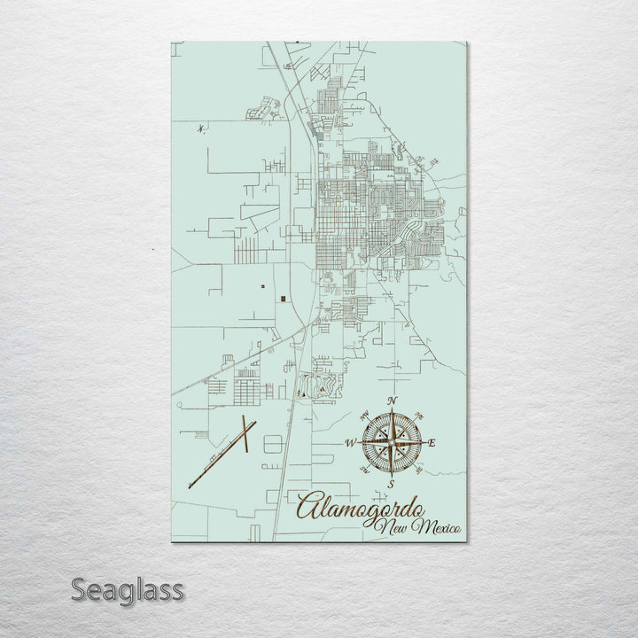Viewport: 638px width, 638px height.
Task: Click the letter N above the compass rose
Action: coord(393,401)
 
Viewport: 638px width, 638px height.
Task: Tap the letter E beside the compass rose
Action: coord(432,442)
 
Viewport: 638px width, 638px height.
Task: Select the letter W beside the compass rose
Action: coord(351,442)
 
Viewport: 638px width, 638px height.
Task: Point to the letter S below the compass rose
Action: coord(391,484)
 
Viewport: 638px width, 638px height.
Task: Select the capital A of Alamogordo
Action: coord(310,510)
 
